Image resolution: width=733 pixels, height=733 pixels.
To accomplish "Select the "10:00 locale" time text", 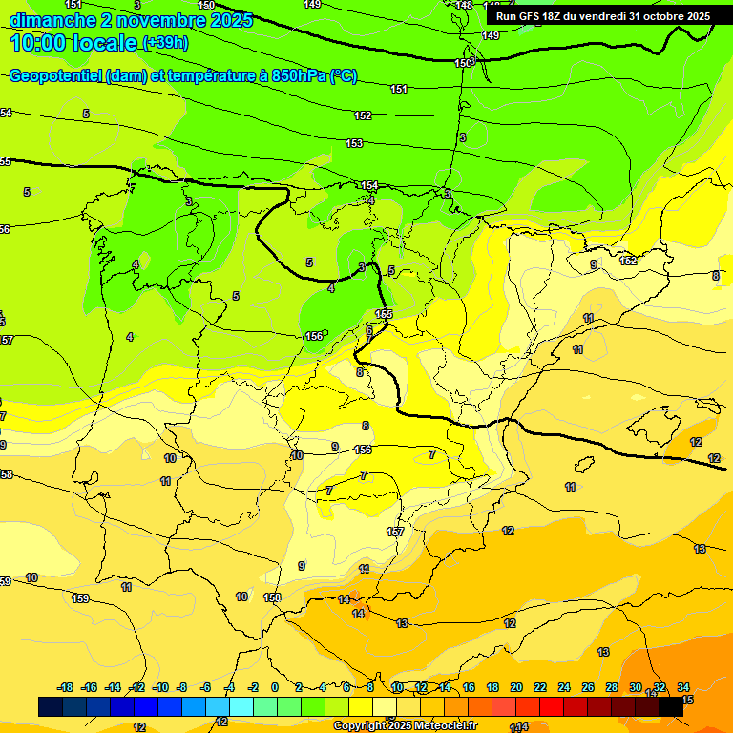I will (73, 43).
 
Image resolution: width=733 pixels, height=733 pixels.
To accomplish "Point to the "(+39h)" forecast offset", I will (165, 43).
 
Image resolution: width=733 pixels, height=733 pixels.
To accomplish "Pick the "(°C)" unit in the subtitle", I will (343, 76).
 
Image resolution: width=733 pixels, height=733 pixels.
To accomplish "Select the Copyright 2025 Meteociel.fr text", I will (404, 726).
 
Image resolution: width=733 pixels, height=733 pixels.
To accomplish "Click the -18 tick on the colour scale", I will (66, 687).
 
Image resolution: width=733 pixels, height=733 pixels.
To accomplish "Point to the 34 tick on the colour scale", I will (683, 687).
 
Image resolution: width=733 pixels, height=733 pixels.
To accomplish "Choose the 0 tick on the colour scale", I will (275, 687).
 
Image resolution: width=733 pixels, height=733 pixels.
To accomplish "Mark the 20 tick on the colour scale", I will (516, 687).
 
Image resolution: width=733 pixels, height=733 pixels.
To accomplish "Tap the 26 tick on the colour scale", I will (588, 687).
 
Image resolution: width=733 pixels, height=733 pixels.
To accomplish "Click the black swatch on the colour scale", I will (671, 706).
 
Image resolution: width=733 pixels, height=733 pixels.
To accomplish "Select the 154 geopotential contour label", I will (369, 185).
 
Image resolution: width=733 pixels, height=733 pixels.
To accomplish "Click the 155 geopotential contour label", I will (384, 313).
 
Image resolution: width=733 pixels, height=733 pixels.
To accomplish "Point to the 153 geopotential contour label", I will (354, 143).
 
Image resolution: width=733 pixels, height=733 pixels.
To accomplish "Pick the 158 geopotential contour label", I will (272, 597).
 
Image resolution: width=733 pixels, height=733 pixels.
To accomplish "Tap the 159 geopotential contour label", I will (80, 598).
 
